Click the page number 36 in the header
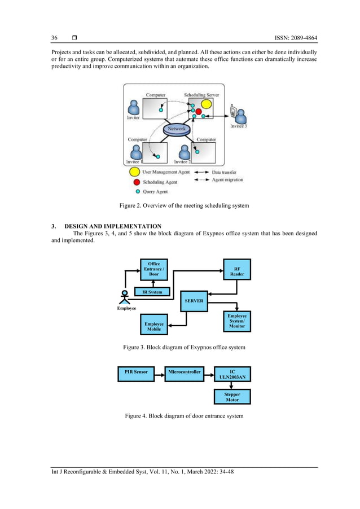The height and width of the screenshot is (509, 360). click(55, 38)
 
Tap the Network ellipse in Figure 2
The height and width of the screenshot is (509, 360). click(176, 129)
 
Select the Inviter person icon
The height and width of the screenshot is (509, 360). click(134, 107)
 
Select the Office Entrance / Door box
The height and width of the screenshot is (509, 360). click(153, 269)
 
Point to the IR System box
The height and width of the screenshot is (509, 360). click(151, 292)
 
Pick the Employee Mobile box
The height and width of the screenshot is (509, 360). click(153, 326)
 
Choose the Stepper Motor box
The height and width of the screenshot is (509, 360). click(232, 397)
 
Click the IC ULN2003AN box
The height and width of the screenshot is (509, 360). click(232, 375)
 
